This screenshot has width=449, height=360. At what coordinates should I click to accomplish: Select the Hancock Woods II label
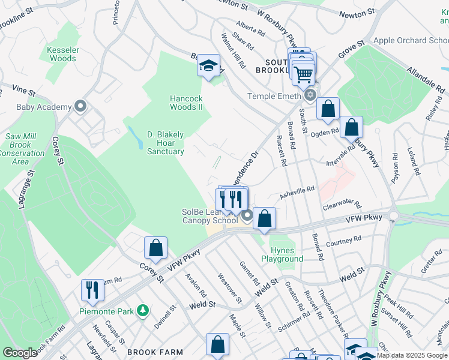[186, 103]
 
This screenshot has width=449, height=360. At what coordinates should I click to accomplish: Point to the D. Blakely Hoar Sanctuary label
[166, 143]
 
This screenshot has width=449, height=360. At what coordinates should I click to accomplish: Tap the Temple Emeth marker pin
[310, 95]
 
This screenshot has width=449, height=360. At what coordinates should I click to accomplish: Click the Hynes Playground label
[282, 254]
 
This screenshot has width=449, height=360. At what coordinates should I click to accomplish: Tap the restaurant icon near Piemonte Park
[92, 290]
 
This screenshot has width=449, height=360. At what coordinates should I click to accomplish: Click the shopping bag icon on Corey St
[155, 247]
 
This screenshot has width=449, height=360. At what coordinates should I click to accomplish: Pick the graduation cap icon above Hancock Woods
[208, 65]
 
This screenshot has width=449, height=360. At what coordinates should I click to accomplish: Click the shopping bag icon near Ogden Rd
[351, 127]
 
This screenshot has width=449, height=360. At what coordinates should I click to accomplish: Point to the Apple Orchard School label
[411, 41]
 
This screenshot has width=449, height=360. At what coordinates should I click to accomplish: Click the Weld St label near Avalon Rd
[202, 305]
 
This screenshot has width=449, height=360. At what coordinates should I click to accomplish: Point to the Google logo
[20, 353]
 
